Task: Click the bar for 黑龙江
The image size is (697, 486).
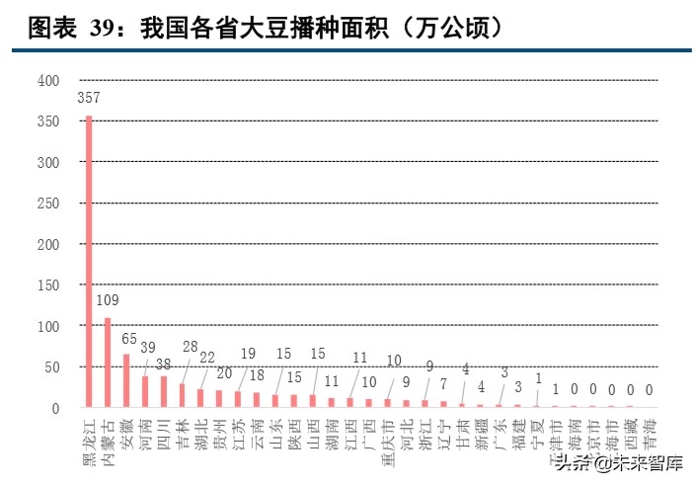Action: tap(89, 262)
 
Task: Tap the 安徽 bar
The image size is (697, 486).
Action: tap(126, 380)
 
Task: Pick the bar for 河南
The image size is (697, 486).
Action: tap(145, 391)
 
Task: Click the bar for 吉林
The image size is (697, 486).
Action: tap(182, 395)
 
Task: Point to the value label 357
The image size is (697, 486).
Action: tap(89, 99)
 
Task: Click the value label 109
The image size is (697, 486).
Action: tap(108, 299)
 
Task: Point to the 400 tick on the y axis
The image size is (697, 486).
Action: tap(49, 80)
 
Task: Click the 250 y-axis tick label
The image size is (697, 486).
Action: tap(49, 202)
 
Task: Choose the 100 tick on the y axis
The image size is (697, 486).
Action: tap(49, 326)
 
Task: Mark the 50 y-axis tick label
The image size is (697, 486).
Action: tap(53, 366)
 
